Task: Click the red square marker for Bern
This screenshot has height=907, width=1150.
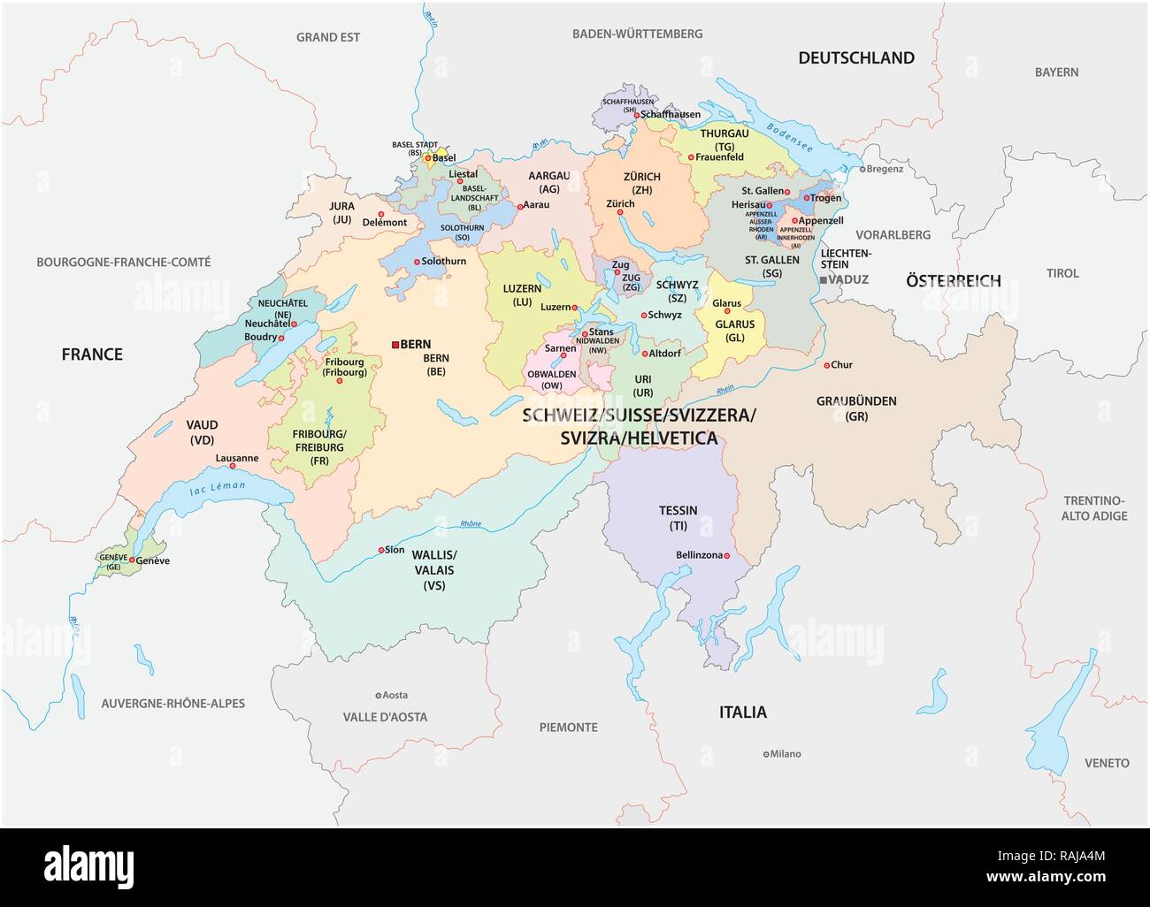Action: click(395, 344)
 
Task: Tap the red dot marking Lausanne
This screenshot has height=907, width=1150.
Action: click(233, 466)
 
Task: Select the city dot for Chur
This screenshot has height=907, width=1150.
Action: click(826, 365)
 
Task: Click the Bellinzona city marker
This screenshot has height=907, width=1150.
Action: click(726, 556)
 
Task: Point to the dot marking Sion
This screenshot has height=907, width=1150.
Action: click(381, 550)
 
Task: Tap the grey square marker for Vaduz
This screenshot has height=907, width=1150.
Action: click(823, 279)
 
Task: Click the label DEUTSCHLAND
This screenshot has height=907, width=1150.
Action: click(855, 58)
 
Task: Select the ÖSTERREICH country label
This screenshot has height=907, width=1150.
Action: click(953, 281)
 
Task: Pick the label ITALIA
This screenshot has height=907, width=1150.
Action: click(742, 712)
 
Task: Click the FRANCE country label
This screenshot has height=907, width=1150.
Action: click(92, 354)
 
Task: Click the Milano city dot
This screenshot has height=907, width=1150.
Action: click(766, 754)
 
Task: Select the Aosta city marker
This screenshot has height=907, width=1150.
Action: click(379, 696)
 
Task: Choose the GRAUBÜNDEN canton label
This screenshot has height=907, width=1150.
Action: click(855, 401)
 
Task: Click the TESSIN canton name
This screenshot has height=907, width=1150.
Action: click(678, 510)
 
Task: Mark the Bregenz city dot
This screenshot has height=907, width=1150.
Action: click(862, 169)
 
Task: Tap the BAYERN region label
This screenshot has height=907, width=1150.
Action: click(1056, 72)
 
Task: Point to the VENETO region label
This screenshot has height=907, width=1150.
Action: click(1107, 762)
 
